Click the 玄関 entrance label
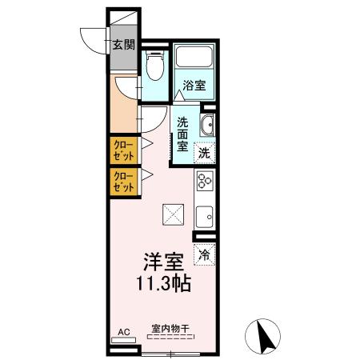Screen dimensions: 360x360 click(122, 45)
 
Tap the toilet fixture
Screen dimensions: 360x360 click(155, 69)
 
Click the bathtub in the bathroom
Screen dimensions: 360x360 click(194, 58)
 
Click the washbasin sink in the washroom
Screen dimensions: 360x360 click(206, 124)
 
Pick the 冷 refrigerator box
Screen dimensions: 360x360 click(205, 255)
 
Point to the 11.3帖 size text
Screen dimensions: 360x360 click(163, 282)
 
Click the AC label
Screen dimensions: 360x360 click(123, 330)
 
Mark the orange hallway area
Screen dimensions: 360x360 click(125, 108)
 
